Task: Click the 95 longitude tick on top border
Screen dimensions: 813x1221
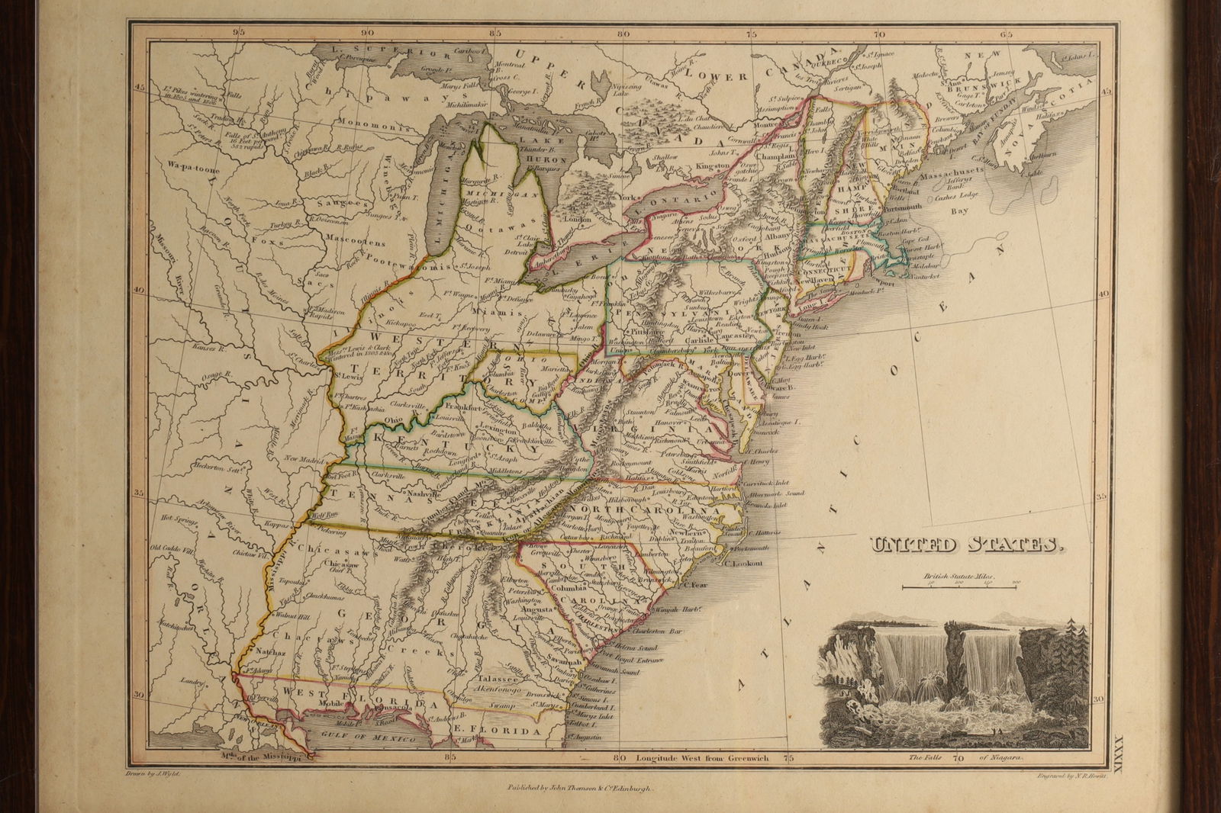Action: [240, 33]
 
